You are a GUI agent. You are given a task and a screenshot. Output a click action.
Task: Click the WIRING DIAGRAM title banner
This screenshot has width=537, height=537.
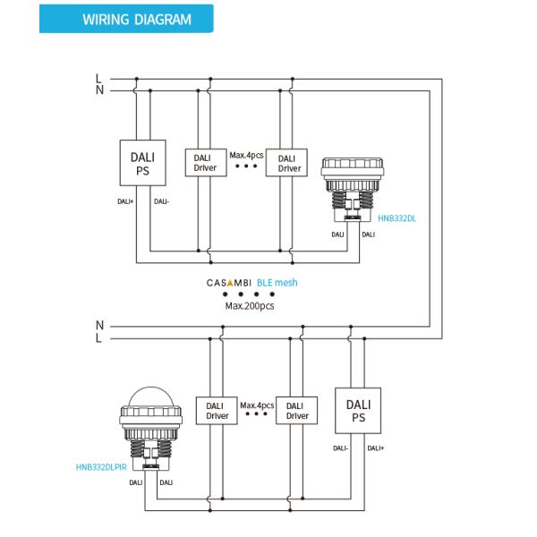126,19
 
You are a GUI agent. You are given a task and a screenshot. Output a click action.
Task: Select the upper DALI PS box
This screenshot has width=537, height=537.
143,163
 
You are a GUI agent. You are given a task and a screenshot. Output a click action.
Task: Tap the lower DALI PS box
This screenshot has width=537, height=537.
358,411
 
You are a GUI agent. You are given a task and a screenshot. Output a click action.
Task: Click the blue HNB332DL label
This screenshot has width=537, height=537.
396,218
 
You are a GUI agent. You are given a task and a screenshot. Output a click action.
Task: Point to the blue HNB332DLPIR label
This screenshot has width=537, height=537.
101,467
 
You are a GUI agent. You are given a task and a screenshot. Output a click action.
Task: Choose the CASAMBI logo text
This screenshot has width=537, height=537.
229,283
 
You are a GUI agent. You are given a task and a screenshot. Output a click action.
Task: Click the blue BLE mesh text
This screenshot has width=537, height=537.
277,283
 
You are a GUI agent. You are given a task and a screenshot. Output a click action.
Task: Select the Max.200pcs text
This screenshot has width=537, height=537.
250,306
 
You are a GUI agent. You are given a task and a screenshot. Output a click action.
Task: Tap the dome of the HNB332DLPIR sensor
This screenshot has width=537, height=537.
151,396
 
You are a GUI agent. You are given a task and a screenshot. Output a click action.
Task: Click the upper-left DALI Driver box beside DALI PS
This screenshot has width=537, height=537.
206,163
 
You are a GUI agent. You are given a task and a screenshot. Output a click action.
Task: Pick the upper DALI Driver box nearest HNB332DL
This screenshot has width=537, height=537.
286,163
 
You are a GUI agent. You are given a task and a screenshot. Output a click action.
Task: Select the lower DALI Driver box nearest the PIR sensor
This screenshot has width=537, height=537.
217,411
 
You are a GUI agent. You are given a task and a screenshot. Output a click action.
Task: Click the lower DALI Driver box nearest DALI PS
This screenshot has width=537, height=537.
296,411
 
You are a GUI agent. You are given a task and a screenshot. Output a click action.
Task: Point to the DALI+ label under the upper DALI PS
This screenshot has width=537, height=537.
125,201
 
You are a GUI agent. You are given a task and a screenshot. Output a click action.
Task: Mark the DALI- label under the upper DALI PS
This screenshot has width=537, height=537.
162,201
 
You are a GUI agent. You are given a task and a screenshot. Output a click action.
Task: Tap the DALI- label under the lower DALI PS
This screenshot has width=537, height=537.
340,448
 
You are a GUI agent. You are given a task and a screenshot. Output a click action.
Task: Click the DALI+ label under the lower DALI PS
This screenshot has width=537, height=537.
376,448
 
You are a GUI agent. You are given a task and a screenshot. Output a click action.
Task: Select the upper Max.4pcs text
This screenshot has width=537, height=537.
247,155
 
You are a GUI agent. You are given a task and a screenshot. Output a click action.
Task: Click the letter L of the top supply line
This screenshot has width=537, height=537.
99,79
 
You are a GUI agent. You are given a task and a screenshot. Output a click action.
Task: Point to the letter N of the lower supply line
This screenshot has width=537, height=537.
99,325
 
